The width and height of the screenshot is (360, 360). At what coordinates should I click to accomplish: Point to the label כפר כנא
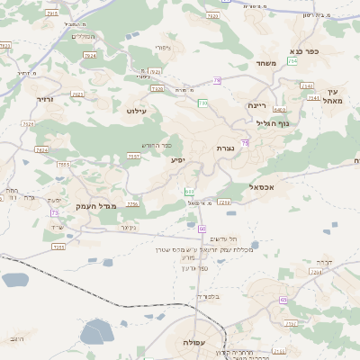click(303, 51)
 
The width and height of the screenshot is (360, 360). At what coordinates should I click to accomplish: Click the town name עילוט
click(137, 110)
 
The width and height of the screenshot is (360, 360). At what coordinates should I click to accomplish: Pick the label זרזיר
click(46, 99)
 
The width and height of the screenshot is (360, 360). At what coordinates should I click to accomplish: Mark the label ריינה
click(258, 105)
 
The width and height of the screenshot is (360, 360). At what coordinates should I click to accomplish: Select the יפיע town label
click(178, 159)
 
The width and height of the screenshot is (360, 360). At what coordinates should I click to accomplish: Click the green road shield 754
click(292, 60)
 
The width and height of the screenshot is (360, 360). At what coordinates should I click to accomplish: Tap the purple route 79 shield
click(217, 81)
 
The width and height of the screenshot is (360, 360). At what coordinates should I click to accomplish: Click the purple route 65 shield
click(283, 299)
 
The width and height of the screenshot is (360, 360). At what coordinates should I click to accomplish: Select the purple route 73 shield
click(54, 212)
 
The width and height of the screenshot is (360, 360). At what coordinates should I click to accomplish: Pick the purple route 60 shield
click(202, 229)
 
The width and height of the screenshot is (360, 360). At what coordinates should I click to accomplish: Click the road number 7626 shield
click(28, 122)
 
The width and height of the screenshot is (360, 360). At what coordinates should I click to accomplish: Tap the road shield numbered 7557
click(133, 156)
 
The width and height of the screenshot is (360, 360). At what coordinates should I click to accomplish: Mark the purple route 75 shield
click(245, 142)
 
